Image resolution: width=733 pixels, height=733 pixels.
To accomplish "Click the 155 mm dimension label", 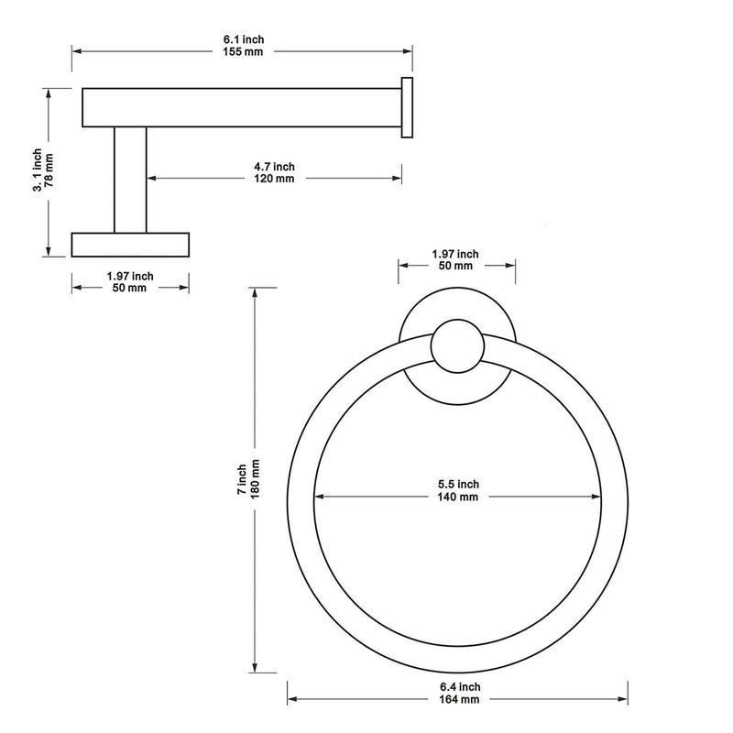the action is [243, 52].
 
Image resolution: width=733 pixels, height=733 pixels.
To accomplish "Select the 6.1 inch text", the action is [244, 39].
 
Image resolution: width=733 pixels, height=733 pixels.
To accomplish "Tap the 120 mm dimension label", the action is [274, 179].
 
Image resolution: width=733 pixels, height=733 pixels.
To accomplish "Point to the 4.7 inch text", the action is [274, 167].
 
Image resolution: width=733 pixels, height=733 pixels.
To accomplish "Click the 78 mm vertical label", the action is [49, 170].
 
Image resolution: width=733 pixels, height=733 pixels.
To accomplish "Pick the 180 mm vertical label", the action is [256, 479].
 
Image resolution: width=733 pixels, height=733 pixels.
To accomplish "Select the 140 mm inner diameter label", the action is [458, 497].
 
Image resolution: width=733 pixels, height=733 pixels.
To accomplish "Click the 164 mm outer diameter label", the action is [460, 700].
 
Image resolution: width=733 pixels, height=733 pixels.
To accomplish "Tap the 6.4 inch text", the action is [460, 687].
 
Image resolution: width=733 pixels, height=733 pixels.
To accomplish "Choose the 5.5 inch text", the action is [459, 485].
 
